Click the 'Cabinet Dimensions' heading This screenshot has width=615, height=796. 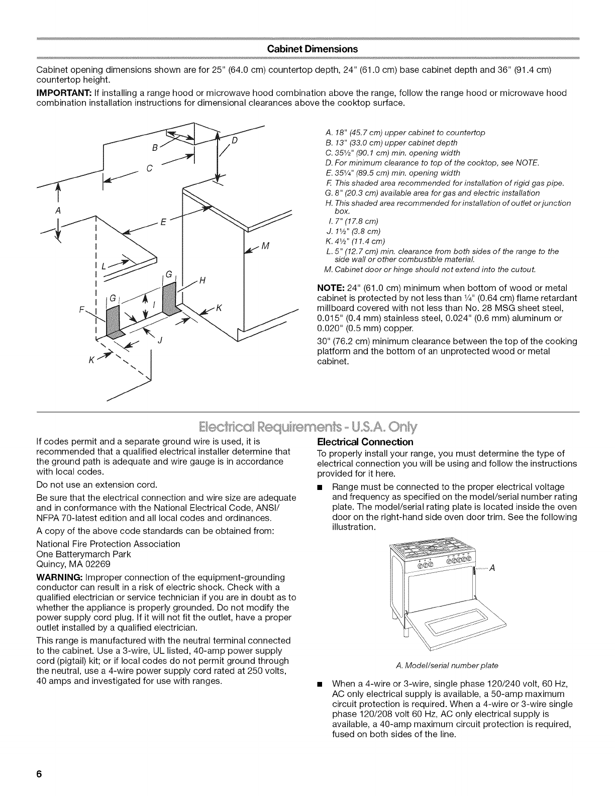[x=313, y=49]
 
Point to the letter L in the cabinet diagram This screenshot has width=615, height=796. [x=104, y=266]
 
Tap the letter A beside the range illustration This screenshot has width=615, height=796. [x=492, y=568]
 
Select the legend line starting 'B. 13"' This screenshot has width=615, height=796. [x=391, y=143]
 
